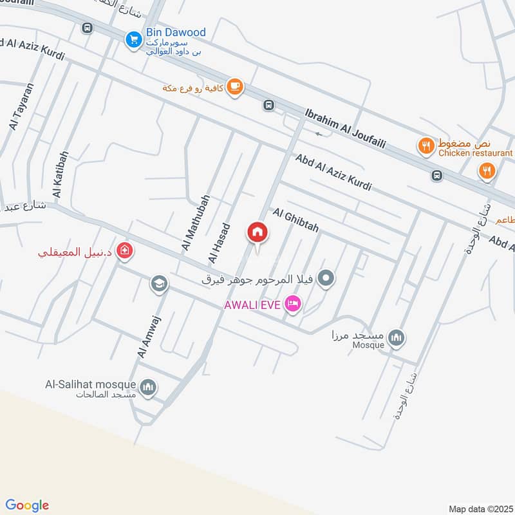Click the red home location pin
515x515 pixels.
pyautogui.click(x=257, y=232)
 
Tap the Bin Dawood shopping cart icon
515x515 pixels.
pyautogui.click(x=133, y=39)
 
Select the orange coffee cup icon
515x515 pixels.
pyautogui.click(x=235, y=86)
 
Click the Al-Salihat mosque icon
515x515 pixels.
pyautogui.click(x=149, y=386)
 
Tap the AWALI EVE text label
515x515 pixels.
pyautogui.click(x=252, y=304)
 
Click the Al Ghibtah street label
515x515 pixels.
pyautogui.click(x=295, y=220)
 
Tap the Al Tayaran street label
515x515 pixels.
pyautogui.click(x=21, y=107)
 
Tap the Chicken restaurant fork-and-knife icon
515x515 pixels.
pyautogui.click(x=425, y=147)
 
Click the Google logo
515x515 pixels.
pyautogui.click(x=27, y=505)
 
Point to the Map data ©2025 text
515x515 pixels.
pyautogui.click(x=479, y=509)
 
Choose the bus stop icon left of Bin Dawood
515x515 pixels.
pyautogui.click(x=87, y=28)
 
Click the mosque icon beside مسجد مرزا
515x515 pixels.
pyautogui.click(x=397, y=337)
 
